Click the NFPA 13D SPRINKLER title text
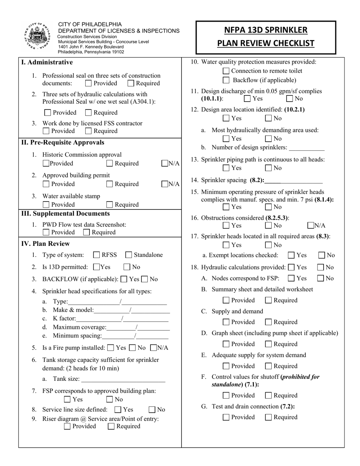[x=265, y=30]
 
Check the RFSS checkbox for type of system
[x=97, y=255]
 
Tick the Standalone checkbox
[x=128, y=255]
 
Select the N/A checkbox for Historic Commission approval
[x=165, y=164]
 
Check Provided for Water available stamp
[x=46, y=205]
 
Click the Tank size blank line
[x=123, y=379]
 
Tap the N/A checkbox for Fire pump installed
[x=153, y=348]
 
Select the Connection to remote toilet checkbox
[x=226, y=71]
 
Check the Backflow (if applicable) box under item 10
[x=226, y=80]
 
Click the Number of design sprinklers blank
[x=307, y=148]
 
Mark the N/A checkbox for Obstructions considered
[x=310, y=226]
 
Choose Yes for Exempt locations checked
[x=291, y=255]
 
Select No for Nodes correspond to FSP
[x=321, y=278]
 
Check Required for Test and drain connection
[x=268, y=418]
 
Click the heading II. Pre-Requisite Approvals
[x=63, y=143]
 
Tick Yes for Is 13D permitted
[x=96, y=267]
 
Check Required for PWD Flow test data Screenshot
[x=86, y=232]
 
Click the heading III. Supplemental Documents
[x=65, y=214]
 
